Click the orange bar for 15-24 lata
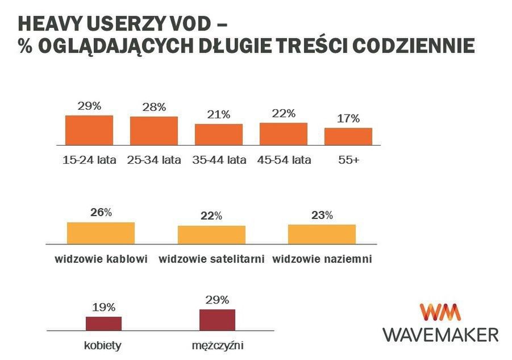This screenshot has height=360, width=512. [x=89, y=130]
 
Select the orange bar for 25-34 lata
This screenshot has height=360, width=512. [x=154, y=130]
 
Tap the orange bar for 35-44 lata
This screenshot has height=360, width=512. [x=219, y=134]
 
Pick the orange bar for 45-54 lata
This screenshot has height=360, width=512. [x=284, y=133]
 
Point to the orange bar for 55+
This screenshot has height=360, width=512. [x=348, y=136]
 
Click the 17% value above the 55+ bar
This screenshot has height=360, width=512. [x=348, y=119]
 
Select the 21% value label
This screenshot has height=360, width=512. [x=219, y=114]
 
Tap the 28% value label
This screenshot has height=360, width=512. [x=154, y=107]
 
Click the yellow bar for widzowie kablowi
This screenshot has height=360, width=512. [x=101, y=233]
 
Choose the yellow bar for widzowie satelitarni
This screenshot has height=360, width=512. [x=211, y=234]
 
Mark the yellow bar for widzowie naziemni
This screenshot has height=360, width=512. [x=322, y=234]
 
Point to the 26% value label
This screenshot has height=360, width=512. [x=101, y=213]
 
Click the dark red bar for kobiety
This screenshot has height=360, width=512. [x=103, y=323]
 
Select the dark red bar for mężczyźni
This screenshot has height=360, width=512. [x=217, y=320]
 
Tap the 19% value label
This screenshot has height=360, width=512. [x=103, y=307]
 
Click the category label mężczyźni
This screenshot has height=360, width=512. [x=218, y=345]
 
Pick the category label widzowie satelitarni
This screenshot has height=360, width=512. [x=212, y=259]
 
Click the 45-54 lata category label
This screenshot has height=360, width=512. [x=284, y=160]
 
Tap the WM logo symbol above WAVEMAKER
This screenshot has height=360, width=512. [x=440, y=312]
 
